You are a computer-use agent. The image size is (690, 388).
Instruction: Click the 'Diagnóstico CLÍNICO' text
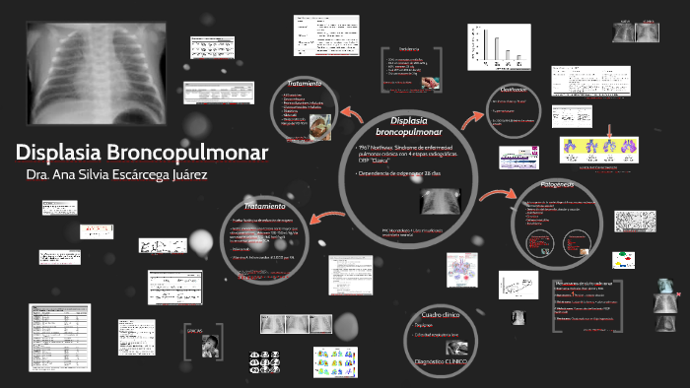[x=442, y=362]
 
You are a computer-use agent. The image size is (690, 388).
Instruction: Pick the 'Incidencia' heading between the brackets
[x=409, y=49]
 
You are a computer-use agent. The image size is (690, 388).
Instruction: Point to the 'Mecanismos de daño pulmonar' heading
[x=589, y=283]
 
